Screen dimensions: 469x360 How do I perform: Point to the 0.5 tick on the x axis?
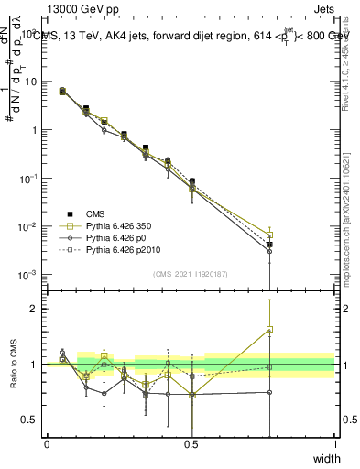pos(191,444)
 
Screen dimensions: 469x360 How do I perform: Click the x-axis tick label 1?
pos(334,444)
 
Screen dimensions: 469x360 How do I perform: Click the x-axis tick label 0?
pos(47,444)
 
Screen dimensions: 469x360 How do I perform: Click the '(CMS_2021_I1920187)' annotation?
pos(191,273)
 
